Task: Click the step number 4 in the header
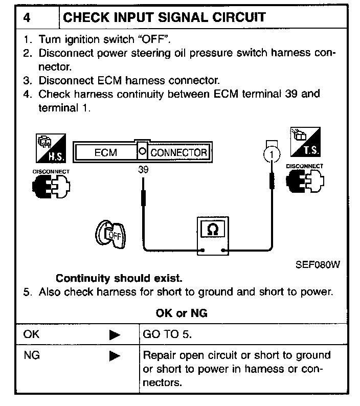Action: pyautogui.click(x=27, y=17)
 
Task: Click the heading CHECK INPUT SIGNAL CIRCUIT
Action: pyautogui.click(x=164, y=17)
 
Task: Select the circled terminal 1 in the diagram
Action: pyautogui.click(x=272, y=153)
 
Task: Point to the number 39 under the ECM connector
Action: pyautogui.click(x=143, y=170)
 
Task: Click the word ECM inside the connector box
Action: pyautogui.click(x=106, y=152)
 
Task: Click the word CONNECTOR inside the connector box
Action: pyautogui.click(x=179, y=152)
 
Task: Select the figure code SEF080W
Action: pyautogui.click(x=318, y=265)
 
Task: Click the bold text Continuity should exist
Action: pyautogui.click(x=119, y=279)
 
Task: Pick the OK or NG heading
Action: pyautogui.click(x=181, y=313)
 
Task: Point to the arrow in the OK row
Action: pyautogui.click(x=115, y=335)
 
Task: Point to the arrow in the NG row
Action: pyautogui.click(x=115, y=355)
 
